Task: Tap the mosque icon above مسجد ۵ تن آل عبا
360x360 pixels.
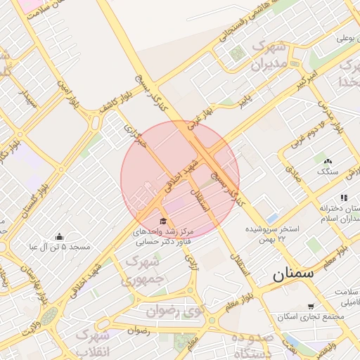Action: pyautogui.click(x=59, y=236)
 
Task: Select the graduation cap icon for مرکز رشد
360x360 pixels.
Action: pyautogui.click(x=165, y=221)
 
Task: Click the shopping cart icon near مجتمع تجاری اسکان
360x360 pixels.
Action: pyautogui.click(x=311, y=306)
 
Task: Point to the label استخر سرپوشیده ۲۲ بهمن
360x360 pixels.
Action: pyautogui.click(x=274, y=235)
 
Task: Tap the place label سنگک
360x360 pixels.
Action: pyautogui.click(x=327, y=171)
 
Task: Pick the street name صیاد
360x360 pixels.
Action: pyautogui.click(x=292, y=174)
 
